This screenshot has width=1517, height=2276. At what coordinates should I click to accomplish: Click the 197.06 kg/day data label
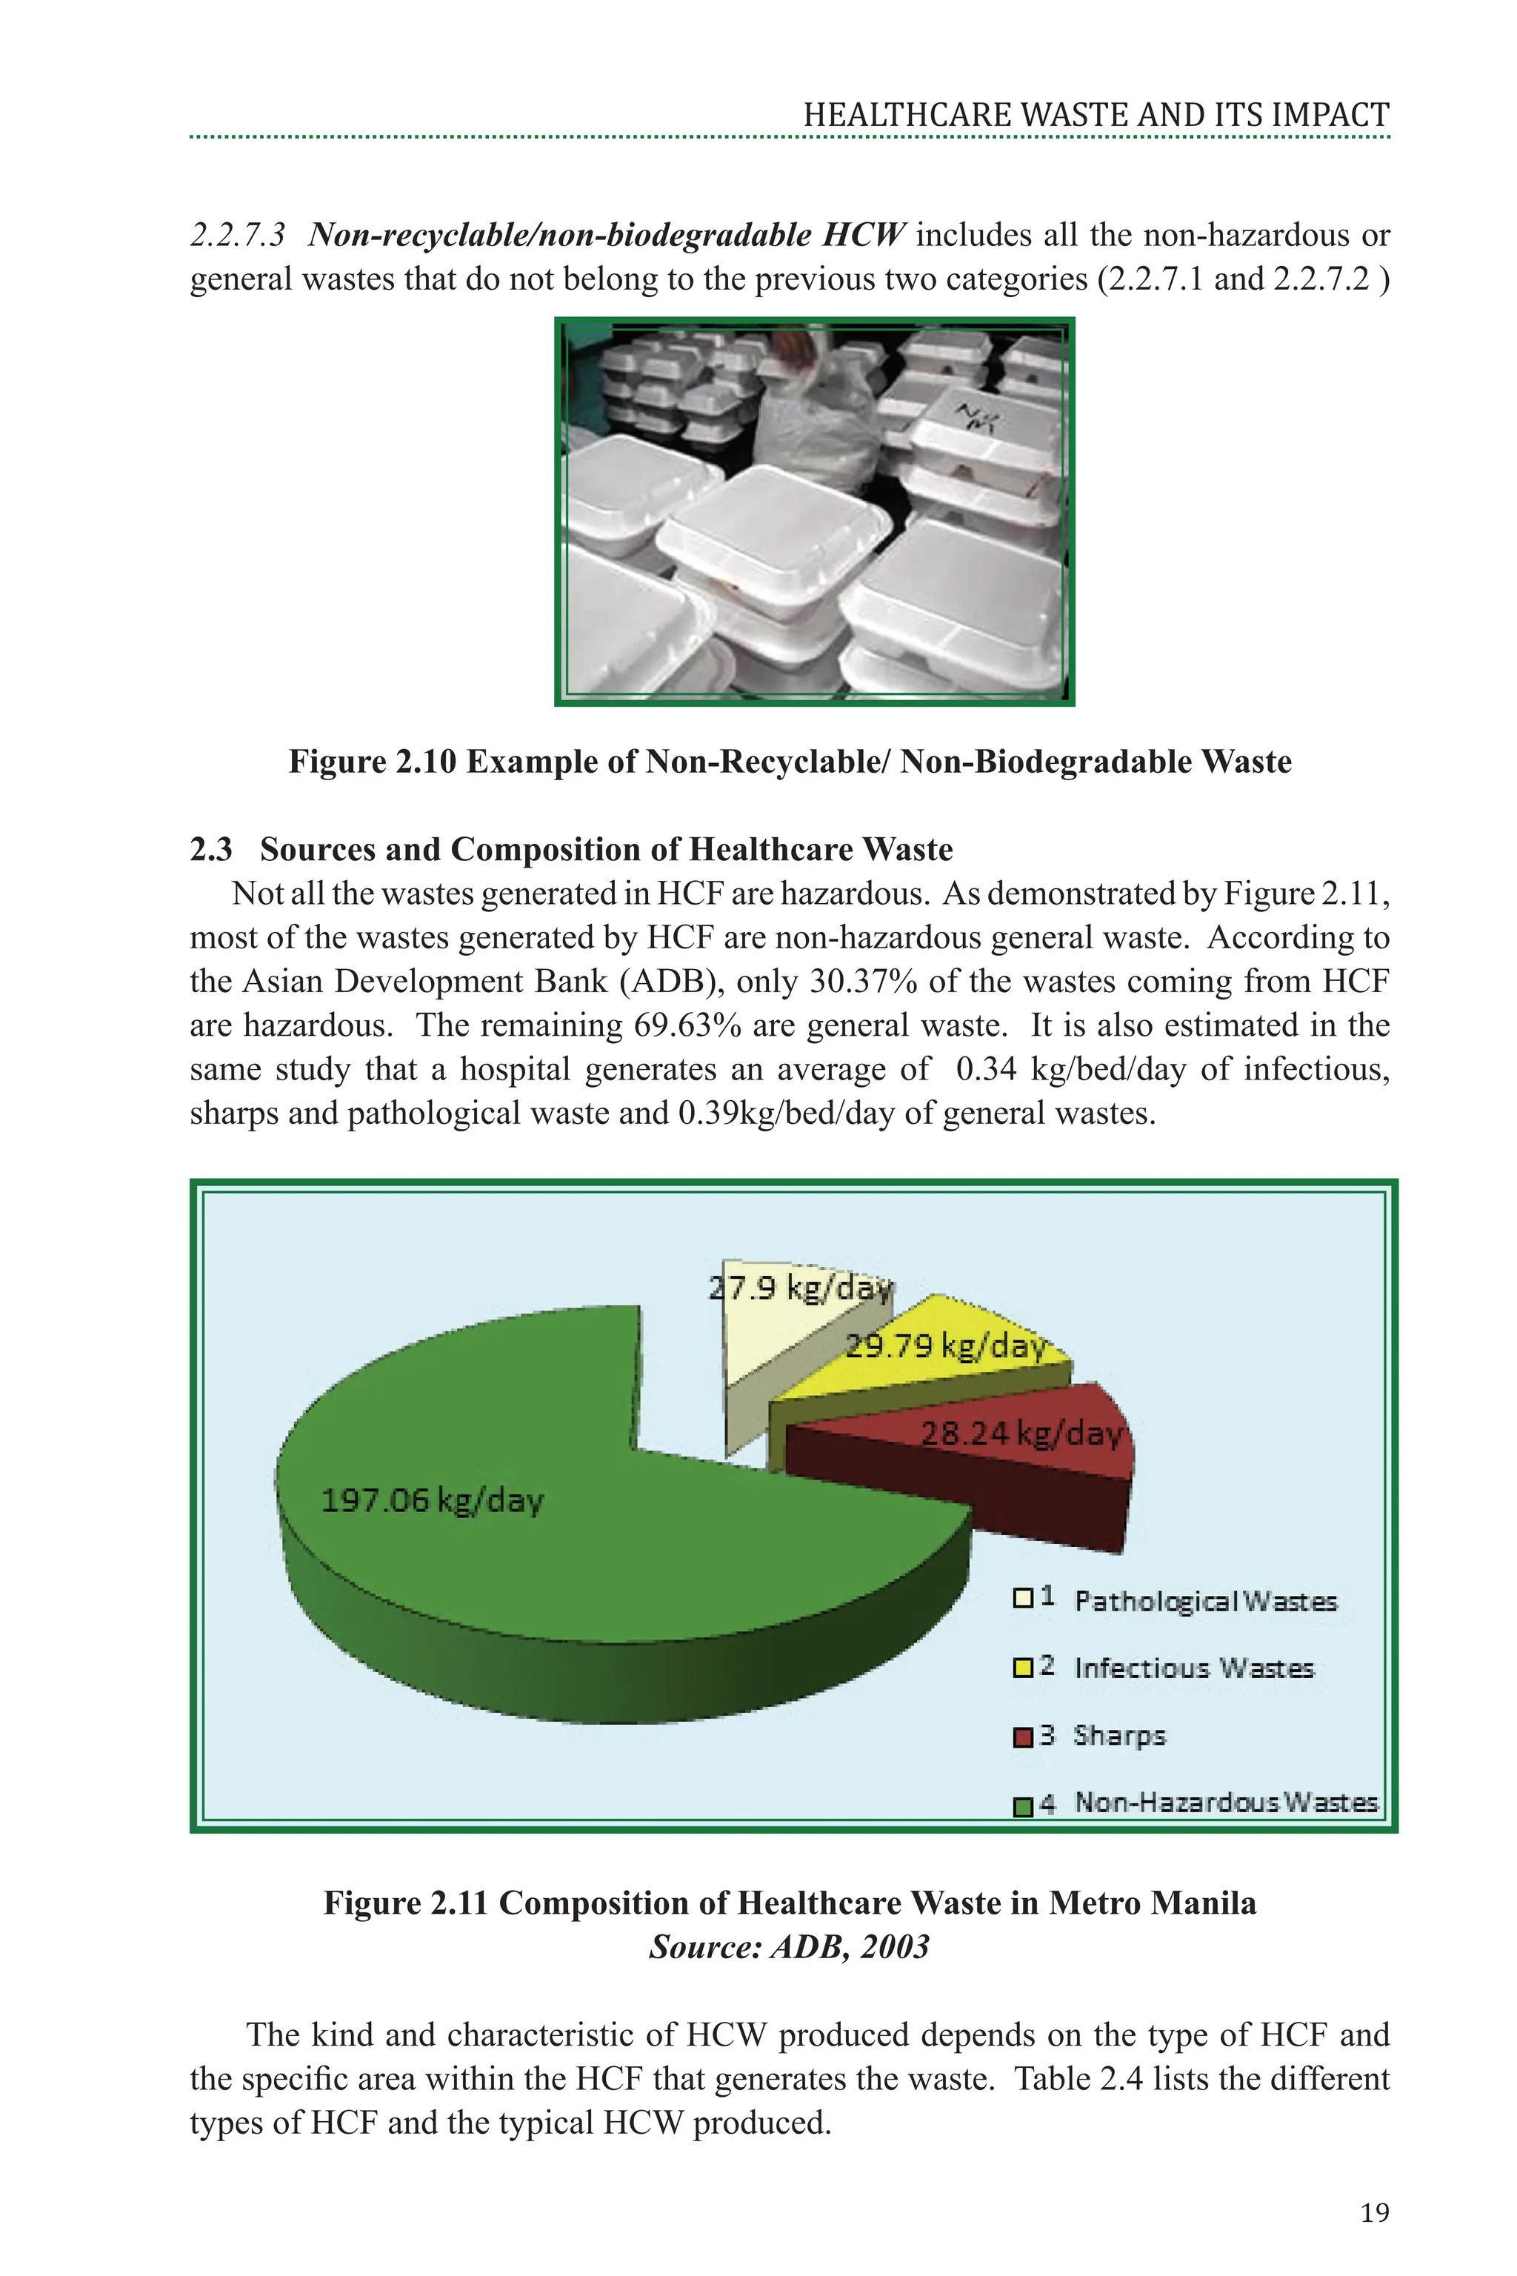pos(432,1501)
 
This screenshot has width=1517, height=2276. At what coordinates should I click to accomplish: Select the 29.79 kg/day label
pos(945,1346)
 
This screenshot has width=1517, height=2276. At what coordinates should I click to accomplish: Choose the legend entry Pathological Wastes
pos(1204,1602)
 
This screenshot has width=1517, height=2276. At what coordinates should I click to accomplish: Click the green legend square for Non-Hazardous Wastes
pos(1023,1806)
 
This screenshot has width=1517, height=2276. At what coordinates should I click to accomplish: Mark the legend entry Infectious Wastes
pos(1193,1668)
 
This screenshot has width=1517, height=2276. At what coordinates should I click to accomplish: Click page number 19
pos(1375,2213)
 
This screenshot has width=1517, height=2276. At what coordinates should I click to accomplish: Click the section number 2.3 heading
pos(211,850)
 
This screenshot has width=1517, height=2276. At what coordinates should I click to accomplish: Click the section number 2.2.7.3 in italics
pos(237,235)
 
